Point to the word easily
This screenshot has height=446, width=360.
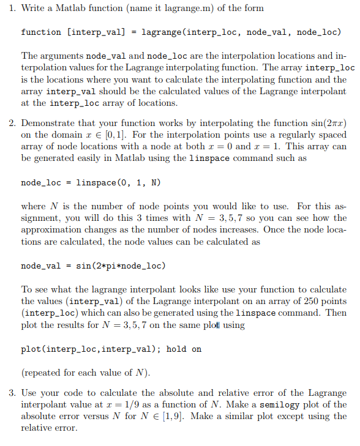pyautogui.click(x=107, y=158)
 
